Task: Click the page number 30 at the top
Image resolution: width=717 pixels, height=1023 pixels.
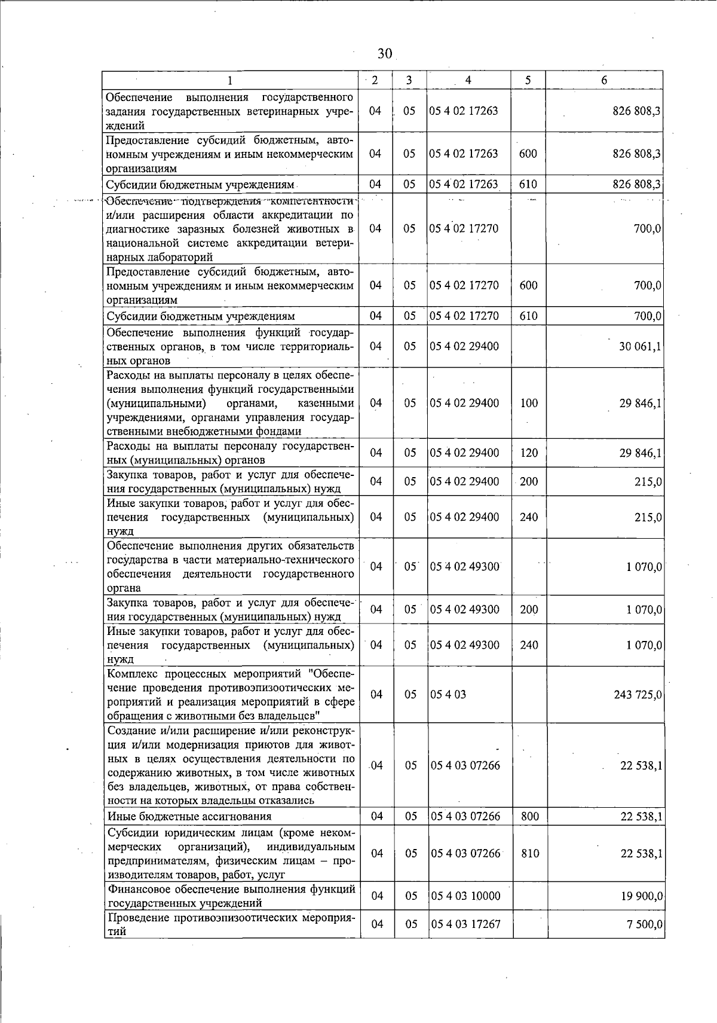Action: click(385, 54)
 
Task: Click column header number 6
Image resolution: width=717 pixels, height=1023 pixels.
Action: click(605, 81)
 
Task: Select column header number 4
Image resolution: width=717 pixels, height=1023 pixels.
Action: click(468, 81)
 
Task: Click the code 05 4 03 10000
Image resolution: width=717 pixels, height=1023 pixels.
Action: click(465, 896)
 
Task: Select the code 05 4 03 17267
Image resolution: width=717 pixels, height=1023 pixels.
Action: click(465, 924)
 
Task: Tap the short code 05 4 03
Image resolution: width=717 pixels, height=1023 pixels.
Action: click(448, 695)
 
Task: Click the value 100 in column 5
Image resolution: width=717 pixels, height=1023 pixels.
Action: click(529, 403)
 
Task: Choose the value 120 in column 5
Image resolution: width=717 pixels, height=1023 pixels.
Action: click(529, 453)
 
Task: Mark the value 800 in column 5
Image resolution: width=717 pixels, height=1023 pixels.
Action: click(530, 816)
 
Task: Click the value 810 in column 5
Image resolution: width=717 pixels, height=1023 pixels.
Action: click(530, 853)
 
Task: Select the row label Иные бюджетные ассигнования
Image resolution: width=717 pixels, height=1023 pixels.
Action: click(189, 816)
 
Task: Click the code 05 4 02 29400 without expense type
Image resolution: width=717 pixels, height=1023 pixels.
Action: click(464, 346)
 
